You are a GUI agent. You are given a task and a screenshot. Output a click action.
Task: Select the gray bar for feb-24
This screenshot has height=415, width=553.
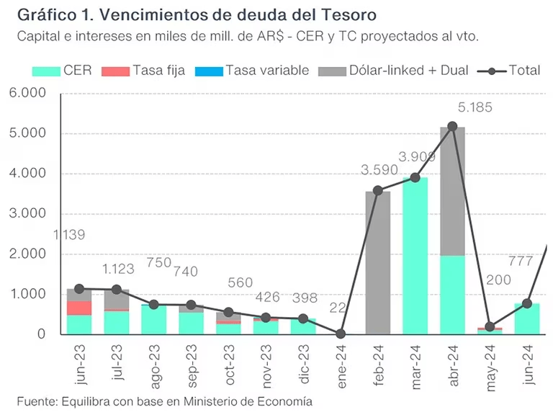click(378, 263)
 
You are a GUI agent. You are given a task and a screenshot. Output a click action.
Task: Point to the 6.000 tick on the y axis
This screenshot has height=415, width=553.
click(27, 94)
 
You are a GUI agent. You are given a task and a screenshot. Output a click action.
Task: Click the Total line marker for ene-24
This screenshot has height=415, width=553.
click(341, 334)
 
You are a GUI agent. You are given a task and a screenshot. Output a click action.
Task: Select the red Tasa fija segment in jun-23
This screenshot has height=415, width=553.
click(78, 308)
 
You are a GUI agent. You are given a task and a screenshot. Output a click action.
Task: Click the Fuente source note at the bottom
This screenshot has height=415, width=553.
click(165, 401)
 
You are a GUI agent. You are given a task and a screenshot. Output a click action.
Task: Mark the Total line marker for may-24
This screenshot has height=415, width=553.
click(490, 326)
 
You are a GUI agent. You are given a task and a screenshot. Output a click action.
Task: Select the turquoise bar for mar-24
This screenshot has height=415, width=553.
click(415, 256)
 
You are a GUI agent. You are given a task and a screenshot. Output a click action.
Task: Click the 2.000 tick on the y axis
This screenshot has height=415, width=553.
click(27, 254)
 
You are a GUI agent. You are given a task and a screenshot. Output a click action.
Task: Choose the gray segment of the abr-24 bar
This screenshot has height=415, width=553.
click(453, 192)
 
